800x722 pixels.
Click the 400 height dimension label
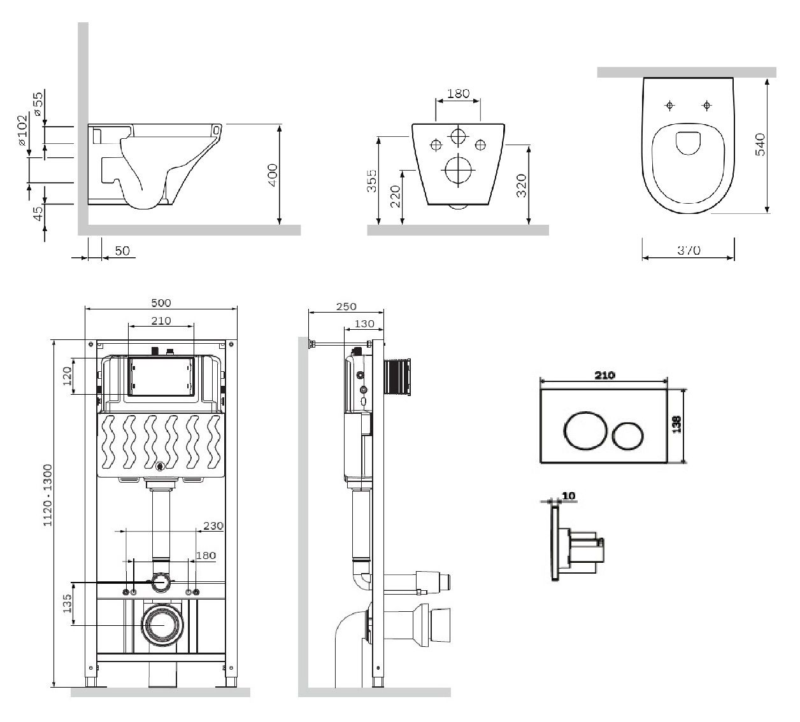[x=272, y=174]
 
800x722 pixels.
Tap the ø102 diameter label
[x=23, y=130]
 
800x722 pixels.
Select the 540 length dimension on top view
[x=759, y=145]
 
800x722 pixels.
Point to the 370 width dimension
[x=688, y=250]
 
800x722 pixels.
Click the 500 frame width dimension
[x=161, y=303]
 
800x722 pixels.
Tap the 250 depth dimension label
[x=346, y=307]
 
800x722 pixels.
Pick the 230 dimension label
[x=213, y=526]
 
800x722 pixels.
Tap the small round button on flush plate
[x=628, y=437]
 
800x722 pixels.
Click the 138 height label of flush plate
[x=677, y=424]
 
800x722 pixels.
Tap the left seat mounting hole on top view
[x=669, y=105]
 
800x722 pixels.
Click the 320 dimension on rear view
[x=522, y=184]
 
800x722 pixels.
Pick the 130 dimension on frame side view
[x=364, y=324]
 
